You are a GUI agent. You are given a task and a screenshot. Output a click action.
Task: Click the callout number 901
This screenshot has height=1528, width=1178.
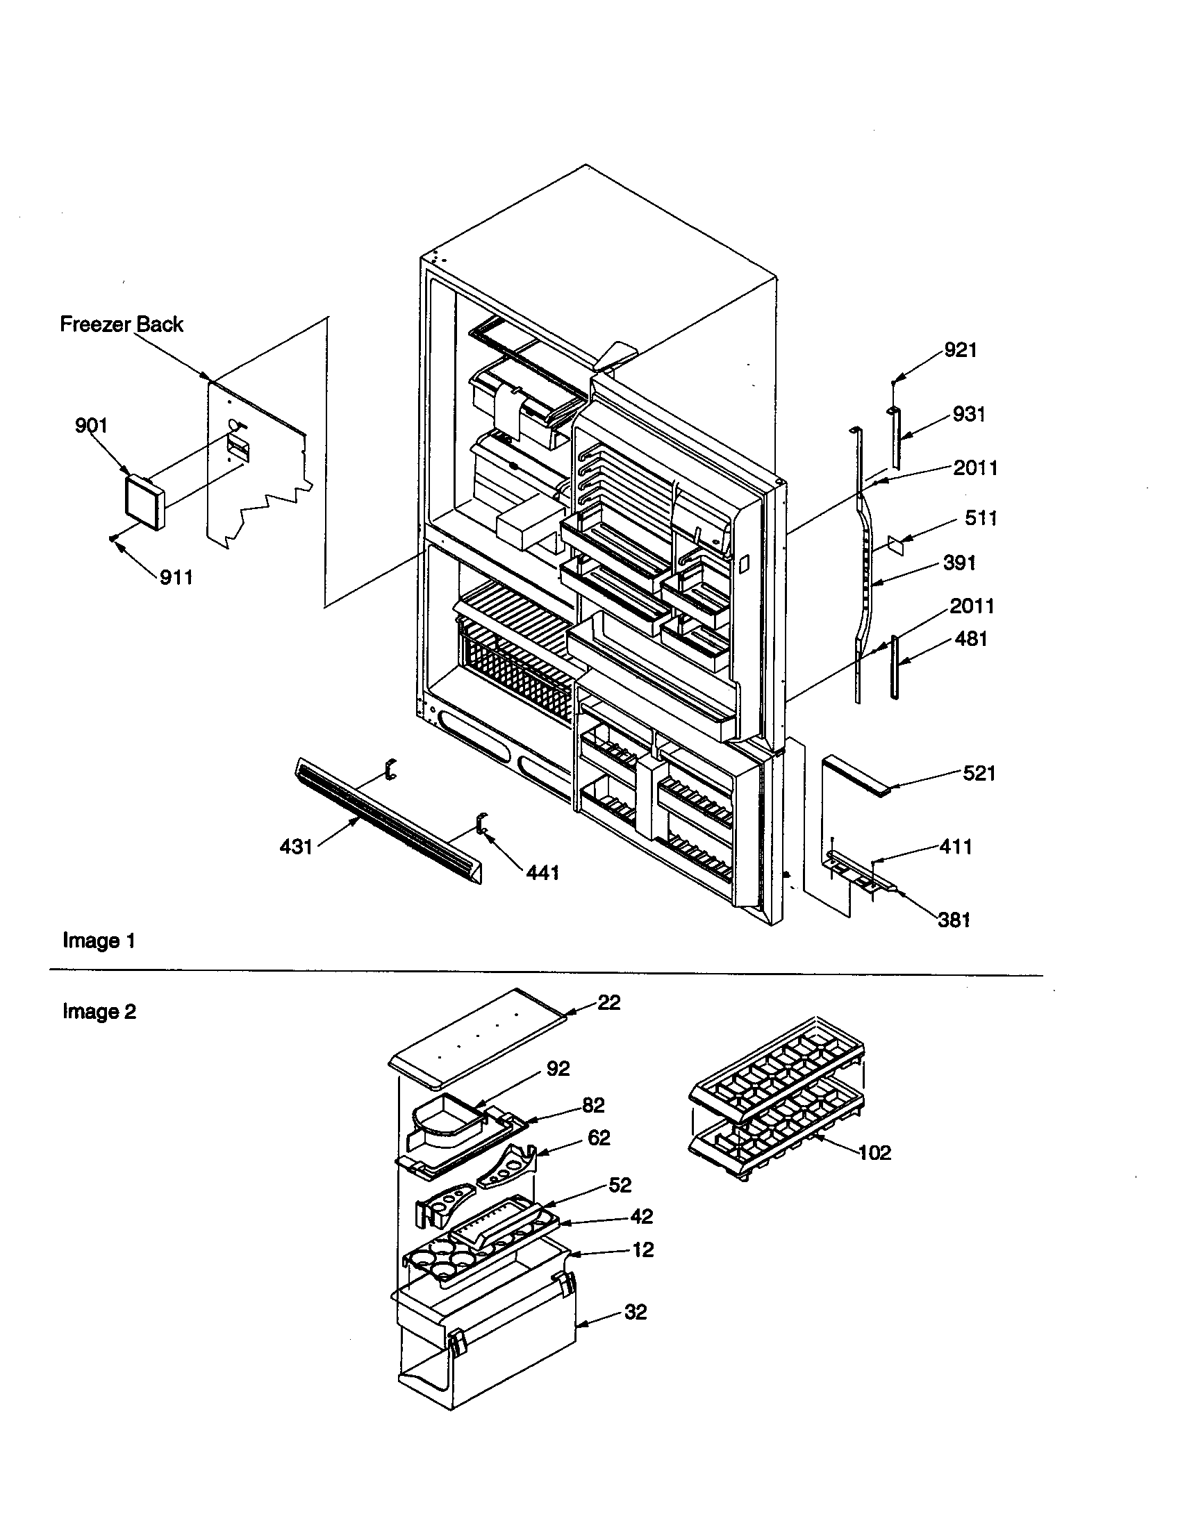pos(91,425)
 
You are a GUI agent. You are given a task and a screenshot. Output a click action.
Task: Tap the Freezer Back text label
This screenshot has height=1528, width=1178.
pos(121,324)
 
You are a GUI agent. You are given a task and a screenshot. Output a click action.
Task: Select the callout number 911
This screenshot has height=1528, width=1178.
pos(176,577)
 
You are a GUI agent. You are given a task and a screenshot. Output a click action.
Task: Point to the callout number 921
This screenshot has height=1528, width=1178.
pos(960,350)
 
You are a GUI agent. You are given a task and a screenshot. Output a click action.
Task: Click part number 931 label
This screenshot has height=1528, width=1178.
pos(969,414)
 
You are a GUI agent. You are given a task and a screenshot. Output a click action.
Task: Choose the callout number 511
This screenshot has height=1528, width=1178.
pos(980,518)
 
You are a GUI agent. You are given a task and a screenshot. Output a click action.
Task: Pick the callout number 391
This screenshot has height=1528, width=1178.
pos(959,563)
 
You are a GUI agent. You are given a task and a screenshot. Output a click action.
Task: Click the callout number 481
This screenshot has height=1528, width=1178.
pos(970,638)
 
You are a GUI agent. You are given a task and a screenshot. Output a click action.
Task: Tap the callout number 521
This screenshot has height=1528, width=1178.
pos(979,773)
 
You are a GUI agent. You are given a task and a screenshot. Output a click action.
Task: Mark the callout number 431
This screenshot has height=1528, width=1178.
pos(296,847)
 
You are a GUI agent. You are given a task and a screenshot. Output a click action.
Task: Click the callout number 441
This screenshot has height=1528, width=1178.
pos(542,872)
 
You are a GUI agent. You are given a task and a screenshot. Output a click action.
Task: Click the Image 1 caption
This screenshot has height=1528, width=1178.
pos(99,940)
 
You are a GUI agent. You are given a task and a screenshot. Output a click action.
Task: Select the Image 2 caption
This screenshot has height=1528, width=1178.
pos(99,1011)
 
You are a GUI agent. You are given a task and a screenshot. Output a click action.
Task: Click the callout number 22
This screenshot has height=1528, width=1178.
pos(608,1002)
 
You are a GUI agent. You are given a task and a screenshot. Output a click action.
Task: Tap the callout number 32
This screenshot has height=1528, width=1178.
pos(635,1312)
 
